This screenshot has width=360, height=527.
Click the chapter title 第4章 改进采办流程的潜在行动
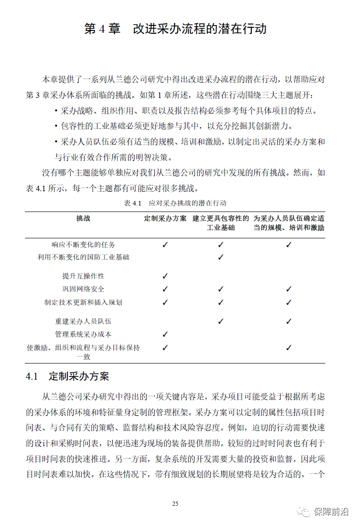point(175,29)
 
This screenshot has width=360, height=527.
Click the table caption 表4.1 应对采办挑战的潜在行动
point(175,203)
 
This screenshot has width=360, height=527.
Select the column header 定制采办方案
point(165,218)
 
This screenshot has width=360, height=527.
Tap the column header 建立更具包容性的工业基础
point(220,223)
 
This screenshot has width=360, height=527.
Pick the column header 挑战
point(83,218)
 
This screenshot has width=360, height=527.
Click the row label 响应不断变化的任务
point(83,245)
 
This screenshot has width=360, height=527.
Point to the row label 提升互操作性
point(83,276)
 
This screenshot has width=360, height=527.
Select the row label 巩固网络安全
point(83,289)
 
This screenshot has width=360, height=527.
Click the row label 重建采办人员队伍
point(83,321)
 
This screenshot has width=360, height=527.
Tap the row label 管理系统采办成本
point(83,334)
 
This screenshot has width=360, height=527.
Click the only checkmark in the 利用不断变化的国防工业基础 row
point(220,257)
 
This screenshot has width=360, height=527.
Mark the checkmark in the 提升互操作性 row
point(165,276)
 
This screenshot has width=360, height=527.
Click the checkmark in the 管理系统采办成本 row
point(165,334)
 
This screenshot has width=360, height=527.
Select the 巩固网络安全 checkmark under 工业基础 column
point(220,289)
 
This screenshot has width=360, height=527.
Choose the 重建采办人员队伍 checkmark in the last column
point(289,321)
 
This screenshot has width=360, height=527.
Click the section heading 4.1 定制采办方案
point(67,376)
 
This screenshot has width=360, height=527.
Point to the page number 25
point(175,503)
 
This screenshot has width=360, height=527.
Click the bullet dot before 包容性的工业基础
point(56,126)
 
